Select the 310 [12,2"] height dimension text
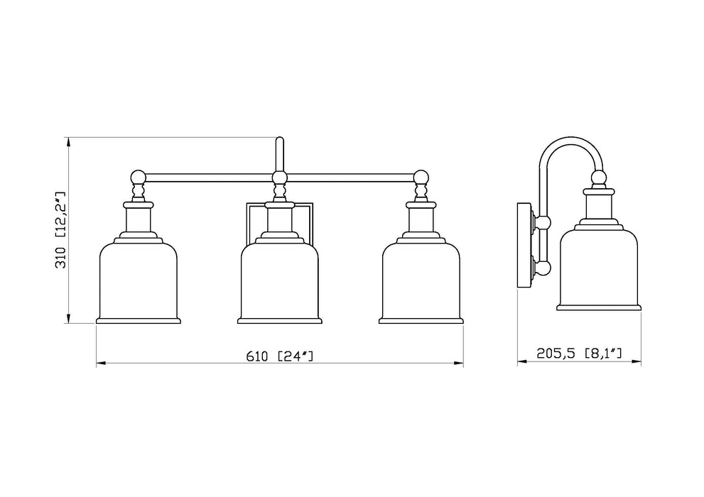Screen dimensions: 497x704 click(60, 229)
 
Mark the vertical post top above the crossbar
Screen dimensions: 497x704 click(280, 141)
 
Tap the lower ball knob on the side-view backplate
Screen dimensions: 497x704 click(544, 268)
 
